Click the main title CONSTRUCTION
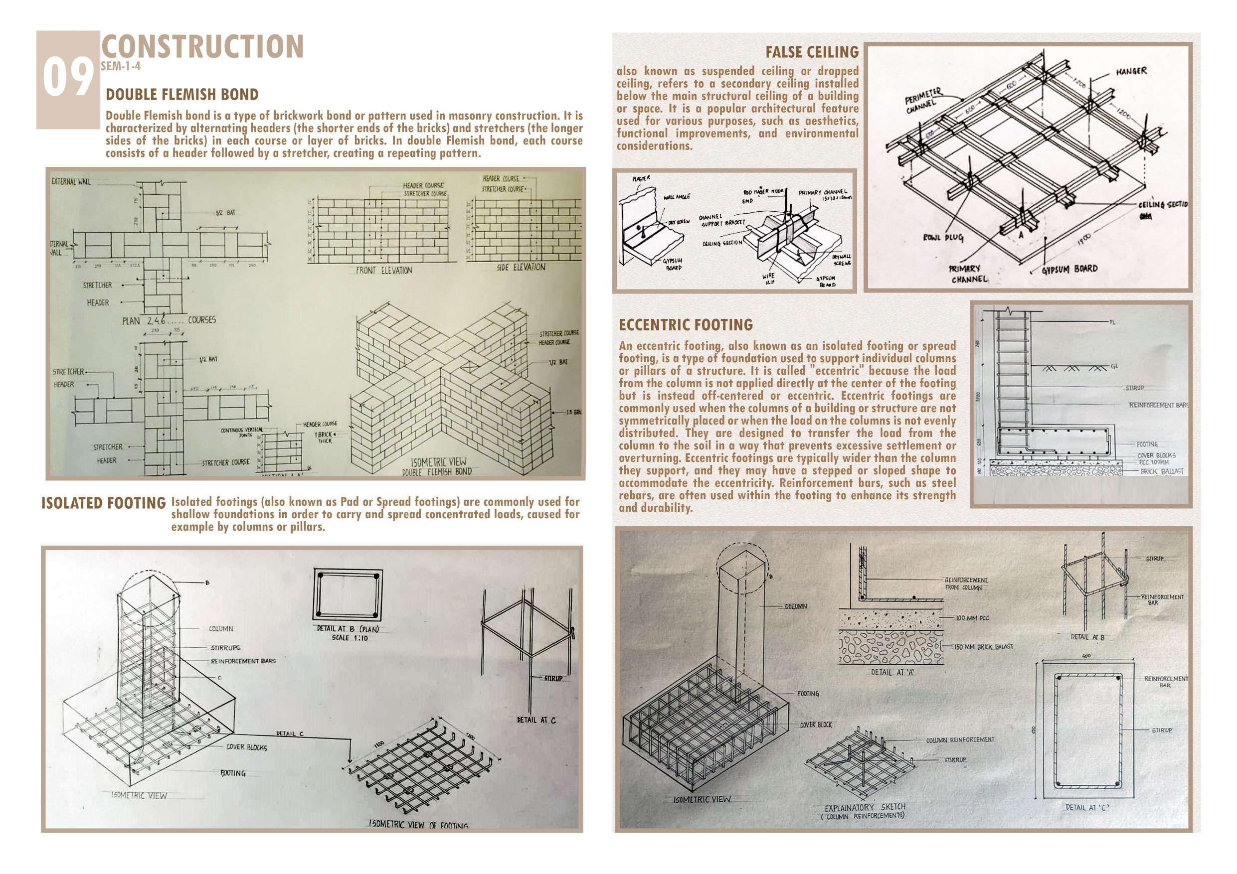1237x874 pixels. point(202,47)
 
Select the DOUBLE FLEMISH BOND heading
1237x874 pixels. point(182,95)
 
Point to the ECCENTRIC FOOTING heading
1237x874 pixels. point(686,325)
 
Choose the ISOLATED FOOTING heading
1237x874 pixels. point(103,503)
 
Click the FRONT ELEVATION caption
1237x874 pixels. point(383,271)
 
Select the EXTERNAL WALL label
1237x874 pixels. point(71,181)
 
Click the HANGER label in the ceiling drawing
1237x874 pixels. point(1126,71)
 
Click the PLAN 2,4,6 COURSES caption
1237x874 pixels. point(169,320)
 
